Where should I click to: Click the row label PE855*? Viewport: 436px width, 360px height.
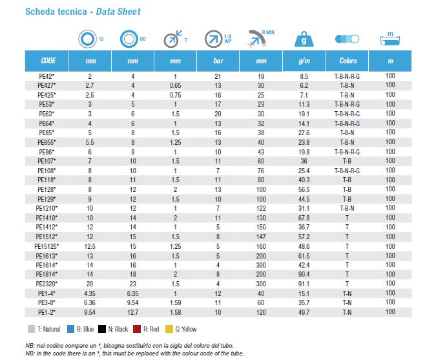tap(47, 142)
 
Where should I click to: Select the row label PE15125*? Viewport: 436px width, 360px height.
tap(47, 247)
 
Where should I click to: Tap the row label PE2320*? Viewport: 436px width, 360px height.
tap(47, 284)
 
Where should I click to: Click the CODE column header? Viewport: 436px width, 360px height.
tap(48, 61)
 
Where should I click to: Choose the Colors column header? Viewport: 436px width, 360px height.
tap(348, 61)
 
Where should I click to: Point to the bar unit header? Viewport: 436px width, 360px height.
tap(218, 61)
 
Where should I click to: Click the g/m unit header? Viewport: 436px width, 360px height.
tap(304, 61)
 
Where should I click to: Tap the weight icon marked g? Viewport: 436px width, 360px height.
tap(304, 39)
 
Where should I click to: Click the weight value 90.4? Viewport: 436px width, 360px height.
tap(304, 275)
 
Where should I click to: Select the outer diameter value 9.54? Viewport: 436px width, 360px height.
tap(133, 302)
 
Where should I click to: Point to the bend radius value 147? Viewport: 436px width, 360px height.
tap(261, 237)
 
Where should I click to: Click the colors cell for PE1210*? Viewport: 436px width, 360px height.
tap(348, 208)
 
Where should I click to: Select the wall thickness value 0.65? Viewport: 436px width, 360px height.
tap(175, 85)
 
